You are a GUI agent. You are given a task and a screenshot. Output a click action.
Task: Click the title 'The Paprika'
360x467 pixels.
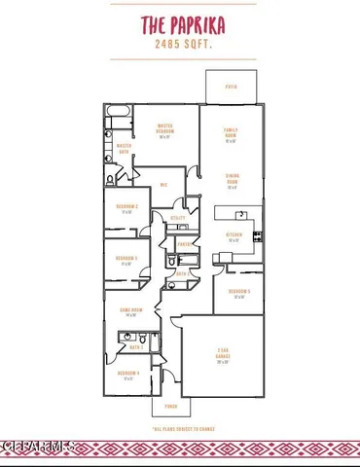179,23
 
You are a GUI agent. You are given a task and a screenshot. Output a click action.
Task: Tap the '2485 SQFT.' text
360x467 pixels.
179,43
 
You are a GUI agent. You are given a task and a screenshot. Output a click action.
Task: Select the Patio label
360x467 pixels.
232,86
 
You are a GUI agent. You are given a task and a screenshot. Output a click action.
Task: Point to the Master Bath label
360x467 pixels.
125,149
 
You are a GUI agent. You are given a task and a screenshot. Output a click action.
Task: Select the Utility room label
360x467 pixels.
178,218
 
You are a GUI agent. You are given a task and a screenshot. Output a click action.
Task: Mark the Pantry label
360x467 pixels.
184,243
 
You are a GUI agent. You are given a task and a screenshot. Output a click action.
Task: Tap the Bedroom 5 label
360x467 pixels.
239,294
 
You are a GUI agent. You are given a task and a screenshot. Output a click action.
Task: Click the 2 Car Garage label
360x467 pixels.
223,359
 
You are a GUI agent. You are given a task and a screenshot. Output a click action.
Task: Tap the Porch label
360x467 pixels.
170,406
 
